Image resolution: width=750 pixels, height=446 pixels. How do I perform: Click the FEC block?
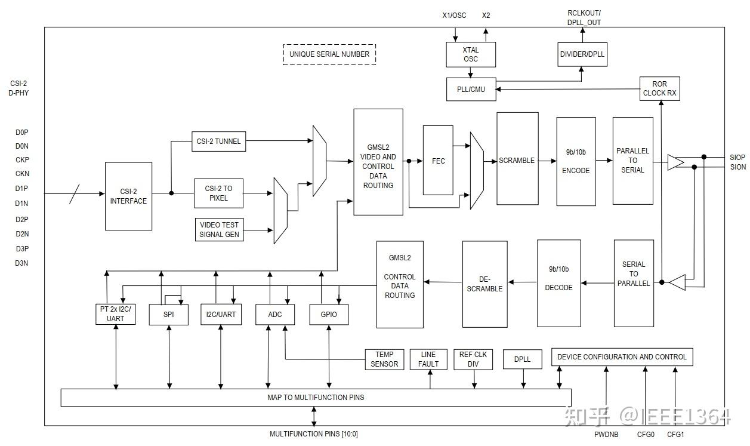click(x=439, y=160)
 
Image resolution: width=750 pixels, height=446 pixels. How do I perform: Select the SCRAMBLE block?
click(x=517, y=160)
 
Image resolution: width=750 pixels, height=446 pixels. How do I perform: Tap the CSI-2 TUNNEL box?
click(x=218, y=142)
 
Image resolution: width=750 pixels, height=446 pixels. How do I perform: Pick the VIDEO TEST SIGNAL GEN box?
click(x=219, y=230)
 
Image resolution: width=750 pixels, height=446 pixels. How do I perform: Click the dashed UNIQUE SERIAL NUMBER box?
click(x=329, y=54)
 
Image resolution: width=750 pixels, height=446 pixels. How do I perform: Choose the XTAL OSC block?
click(x=471, y=54)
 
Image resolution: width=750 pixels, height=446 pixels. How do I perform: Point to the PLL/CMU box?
click(x=471, y=90)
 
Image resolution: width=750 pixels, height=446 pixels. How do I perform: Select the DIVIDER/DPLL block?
click(x=582, y=54)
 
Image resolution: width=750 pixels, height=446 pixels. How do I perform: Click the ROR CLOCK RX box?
click(x=659, y=88)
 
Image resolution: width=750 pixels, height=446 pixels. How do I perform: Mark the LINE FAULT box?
click(x=428, y=359)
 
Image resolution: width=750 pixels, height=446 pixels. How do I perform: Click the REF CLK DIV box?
click(x=473, y=359)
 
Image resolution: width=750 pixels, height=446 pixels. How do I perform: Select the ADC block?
click(x=275, y=314)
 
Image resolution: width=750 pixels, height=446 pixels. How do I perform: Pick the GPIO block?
click(x=329, y=314)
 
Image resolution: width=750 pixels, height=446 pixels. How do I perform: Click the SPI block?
click(x=168, y=314)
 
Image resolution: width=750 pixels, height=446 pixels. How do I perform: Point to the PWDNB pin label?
click(x=606, y=434)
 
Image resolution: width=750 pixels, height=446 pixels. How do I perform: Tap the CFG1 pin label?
click(x=675, y=434)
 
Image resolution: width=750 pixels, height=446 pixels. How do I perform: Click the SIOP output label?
click(x=737, y=157)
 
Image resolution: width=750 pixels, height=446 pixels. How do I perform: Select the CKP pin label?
click(x=22, y=160)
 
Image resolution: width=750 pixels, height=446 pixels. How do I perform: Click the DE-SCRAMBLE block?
click(x=484, y=284)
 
